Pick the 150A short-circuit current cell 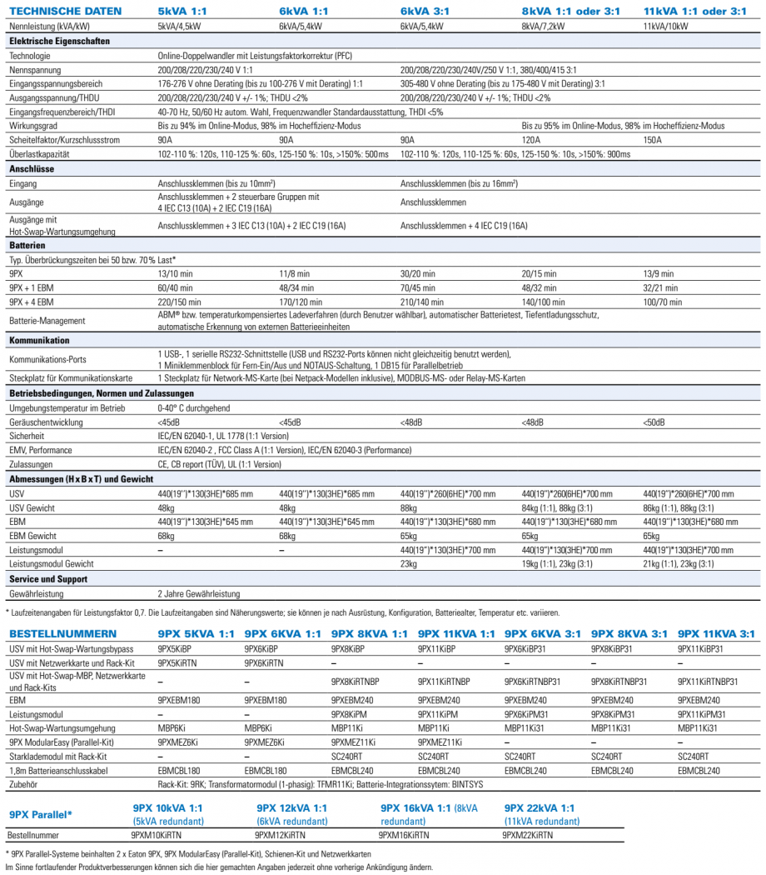click(654, 140)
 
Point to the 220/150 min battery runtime click(180, 302)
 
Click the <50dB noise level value click(654, 422)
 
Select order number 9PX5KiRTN click(177, 662)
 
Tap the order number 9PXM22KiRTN click(528, 834)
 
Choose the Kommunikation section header click(39, 340)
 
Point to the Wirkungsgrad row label click(31, 126)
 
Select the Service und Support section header click(49, 578)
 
